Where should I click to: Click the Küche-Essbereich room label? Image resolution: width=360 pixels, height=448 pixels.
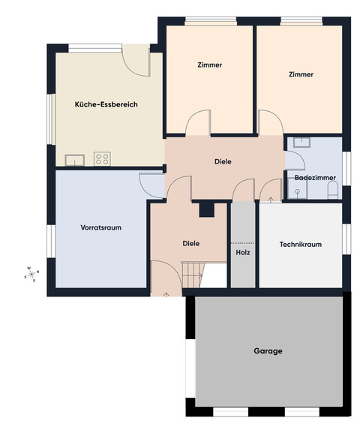pos(106,104)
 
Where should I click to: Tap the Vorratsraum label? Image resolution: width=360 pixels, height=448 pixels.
pos(100,227)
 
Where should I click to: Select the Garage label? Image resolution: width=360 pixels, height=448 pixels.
pos(268,351)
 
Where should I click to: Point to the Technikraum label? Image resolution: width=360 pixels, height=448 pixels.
pos(300,245)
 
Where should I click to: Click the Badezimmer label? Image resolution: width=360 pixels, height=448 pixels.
pos(315,178)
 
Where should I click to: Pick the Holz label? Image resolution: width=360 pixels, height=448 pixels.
pos(243,253)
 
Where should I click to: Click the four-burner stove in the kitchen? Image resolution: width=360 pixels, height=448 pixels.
pos(102,159)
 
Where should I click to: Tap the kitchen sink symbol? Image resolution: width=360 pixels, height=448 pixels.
pos(75,160)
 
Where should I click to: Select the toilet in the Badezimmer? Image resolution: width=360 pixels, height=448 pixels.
pos(332,190)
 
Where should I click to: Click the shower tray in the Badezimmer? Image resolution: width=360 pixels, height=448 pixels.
pos(297,189)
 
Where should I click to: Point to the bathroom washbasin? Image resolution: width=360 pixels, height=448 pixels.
pos(302,142)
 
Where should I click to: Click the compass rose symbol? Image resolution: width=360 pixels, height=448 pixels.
pos(31,275)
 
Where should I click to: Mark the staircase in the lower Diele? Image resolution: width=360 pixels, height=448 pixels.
pos(193,275)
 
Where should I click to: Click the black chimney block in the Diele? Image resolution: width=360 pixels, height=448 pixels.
pos(207,210)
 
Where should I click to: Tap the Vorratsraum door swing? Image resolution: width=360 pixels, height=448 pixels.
pos(152,185)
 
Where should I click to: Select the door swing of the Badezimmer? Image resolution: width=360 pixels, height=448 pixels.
pos(295,161)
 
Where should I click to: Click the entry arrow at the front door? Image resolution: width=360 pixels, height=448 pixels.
pos(166,295)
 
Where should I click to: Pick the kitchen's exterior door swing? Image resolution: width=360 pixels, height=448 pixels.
pos(136,61)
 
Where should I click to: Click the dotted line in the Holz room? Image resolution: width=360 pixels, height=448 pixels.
pos(243,243)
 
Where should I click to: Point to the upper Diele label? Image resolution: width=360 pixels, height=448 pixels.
pos(223,161)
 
